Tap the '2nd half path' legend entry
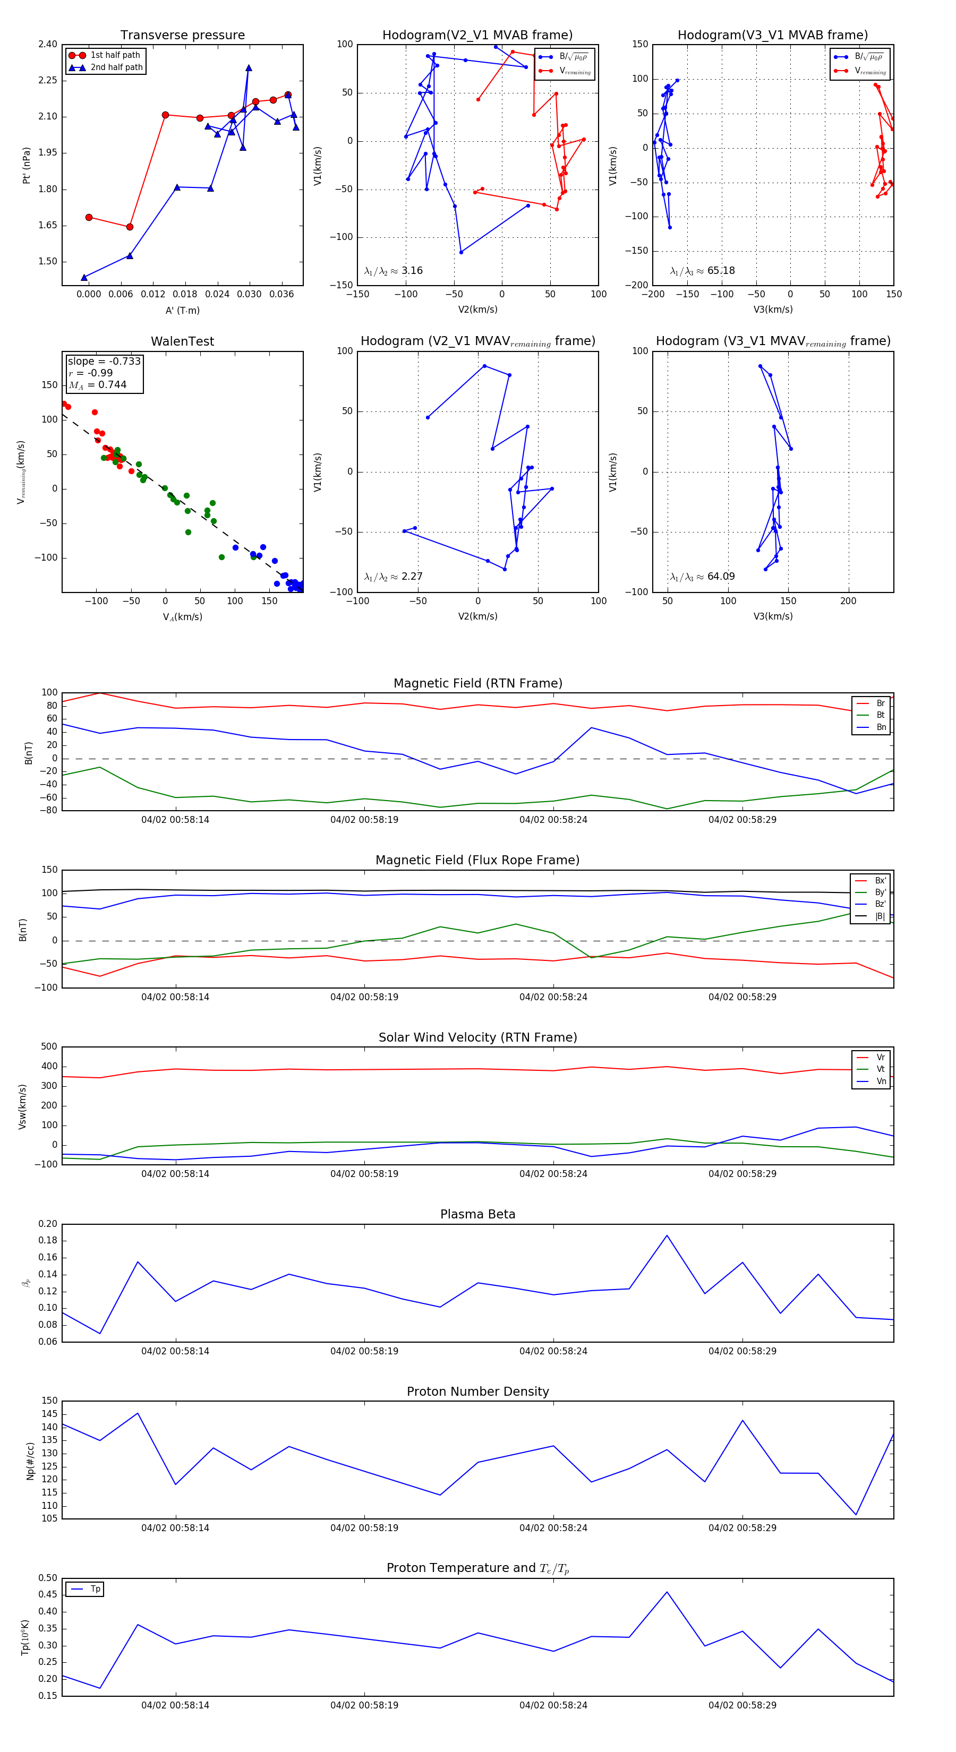(x=116, y=67)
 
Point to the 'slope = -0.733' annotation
(x=104, y=361)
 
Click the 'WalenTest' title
(x=182, y=341)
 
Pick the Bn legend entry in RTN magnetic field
(x=881, y=727)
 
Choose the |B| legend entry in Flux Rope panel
(x=880, y=916)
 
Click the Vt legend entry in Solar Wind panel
(x=881, y=1069)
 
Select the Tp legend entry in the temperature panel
(x=95, y=1589)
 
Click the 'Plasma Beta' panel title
(x=477, y=1214)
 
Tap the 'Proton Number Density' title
(x=477, y=1391)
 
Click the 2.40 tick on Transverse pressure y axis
(x=48, y=44)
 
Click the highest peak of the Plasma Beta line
(x=667, y=1235)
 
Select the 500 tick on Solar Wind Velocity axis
(x=49, y=1047)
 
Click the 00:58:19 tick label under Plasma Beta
(x=364, y=1351)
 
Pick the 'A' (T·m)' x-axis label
(x=182, y=310)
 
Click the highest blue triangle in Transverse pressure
(x=249, y=68)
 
